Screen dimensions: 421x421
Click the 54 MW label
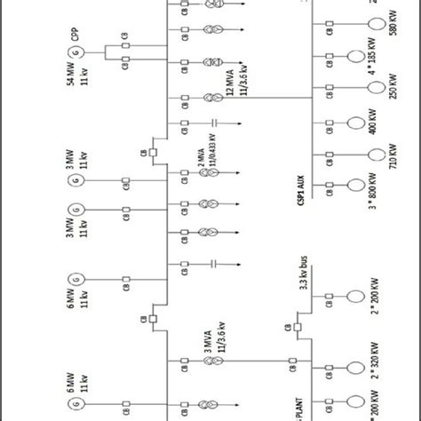pos(71,89)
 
